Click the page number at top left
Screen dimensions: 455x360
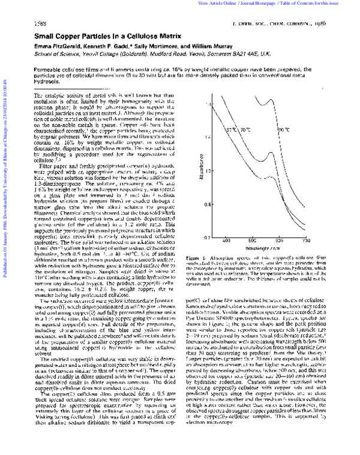[x=41, y=22]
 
